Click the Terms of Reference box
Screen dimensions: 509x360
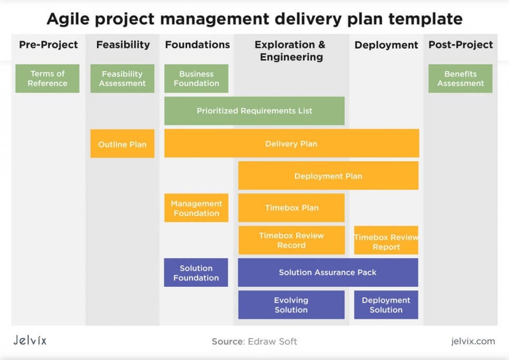point(47,79)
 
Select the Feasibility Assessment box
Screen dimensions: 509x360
point(122,79)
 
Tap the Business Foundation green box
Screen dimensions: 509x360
point(197,79)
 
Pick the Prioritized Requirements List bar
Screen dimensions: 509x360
point(254,111)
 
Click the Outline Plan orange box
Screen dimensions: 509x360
point(122,144)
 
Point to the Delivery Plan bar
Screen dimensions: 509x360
point(292,143)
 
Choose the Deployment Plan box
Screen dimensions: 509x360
point(328,176)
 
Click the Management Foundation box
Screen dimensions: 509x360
point(197,208)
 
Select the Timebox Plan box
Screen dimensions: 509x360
point(291,208)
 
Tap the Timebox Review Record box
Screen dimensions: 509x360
point(291,240)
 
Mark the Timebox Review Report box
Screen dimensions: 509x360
point(386,240)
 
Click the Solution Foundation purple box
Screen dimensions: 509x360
point(196,273)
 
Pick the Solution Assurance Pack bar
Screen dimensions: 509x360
point(328,273)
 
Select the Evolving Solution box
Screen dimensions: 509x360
point(291,305)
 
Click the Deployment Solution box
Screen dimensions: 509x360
point(386,305)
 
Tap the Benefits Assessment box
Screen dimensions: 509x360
point(461,79)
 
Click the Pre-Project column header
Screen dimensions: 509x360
point(48,44)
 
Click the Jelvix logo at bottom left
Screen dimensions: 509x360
point(30,340)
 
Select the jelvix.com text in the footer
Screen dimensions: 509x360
point(473,341)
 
